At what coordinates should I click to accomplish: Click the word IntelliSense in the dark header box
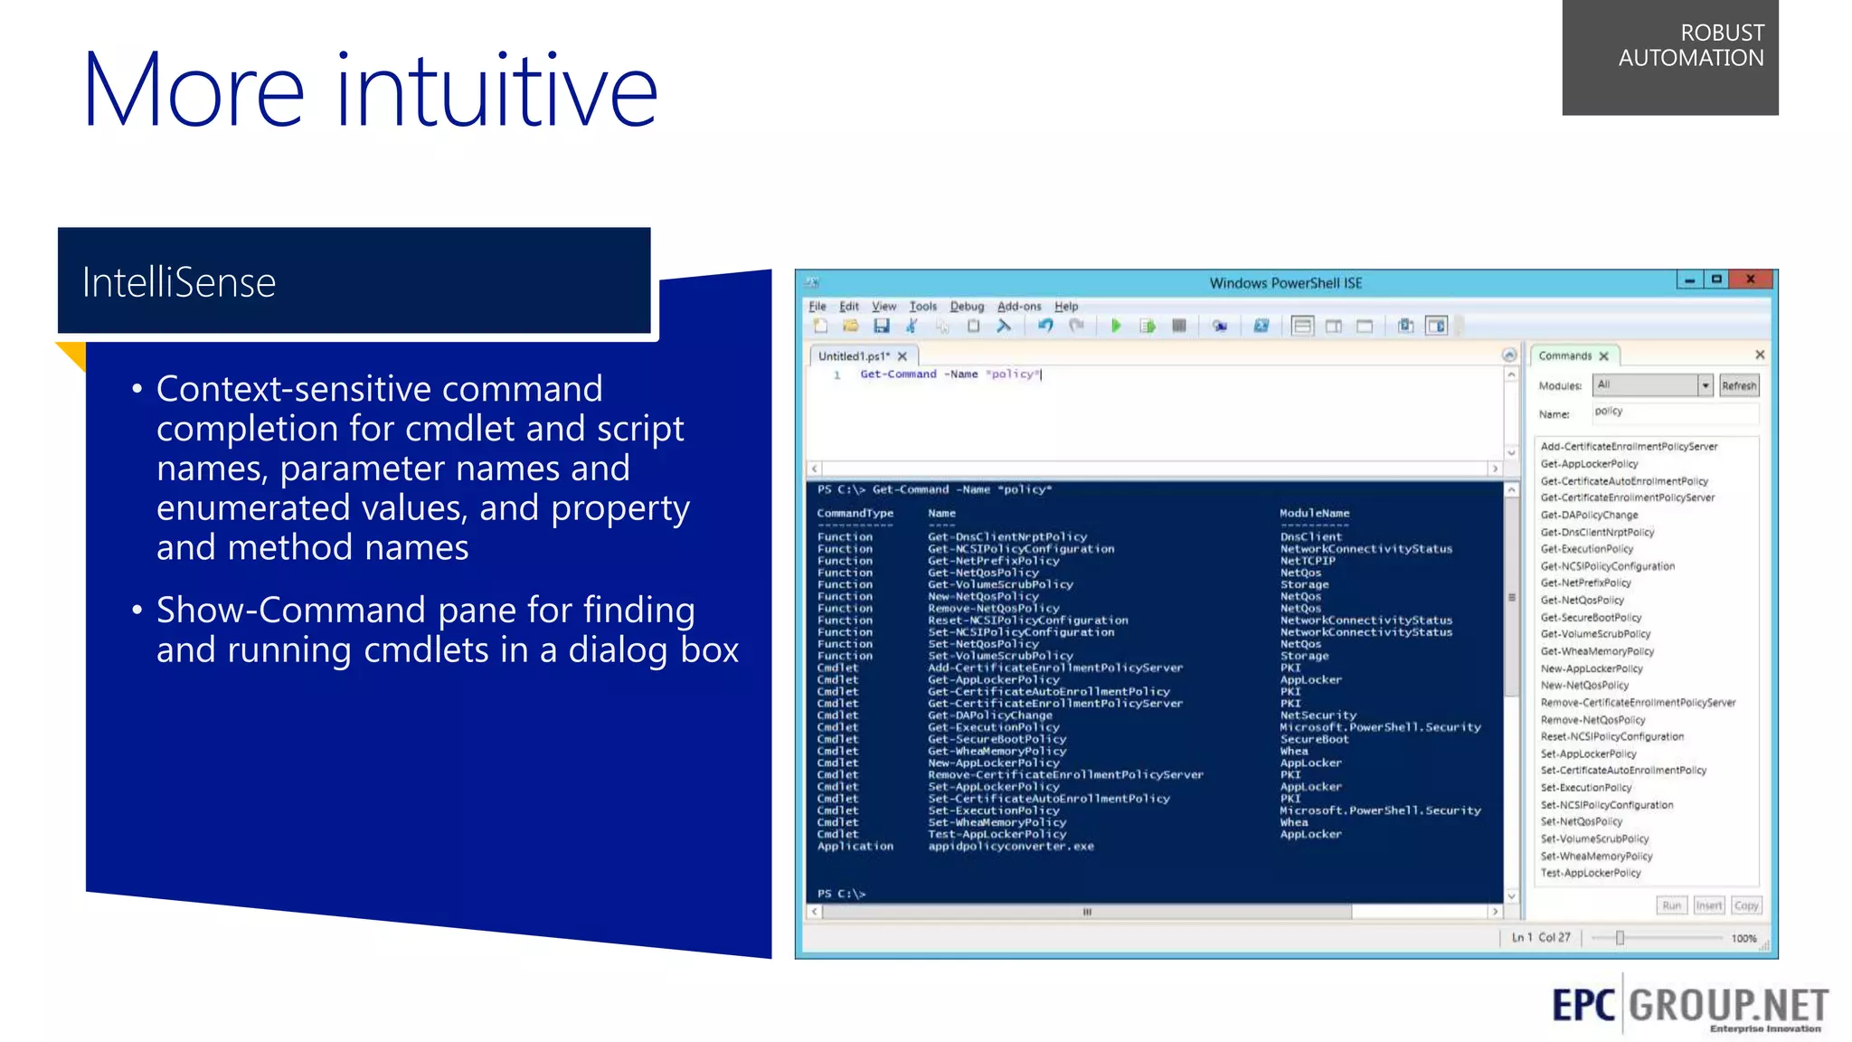(179, 283)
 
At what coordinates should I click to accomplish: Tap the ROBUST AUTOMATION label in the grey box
(1690, 46)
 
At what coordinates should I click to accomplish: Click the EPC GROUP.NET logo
(1689, 1006)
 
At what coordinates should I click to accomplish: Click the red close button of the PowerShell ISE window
(1751, 279)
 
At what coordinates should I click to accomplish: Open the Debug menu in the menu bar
(967, 307)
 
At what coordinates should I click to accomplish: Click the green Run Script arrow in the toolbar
(1116, 326)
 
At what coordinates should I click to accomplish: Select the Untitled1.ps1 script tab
(854, 356)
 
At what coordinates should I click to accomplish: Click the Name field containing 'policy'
(1673, 412)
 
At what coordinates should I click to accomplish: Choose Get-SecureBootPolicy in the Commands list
(1591, 618)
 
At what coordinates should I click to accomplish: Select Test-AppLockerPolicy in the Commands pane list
(1590, 874)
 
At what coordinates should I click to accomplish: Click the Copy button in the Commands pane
(1746, 905)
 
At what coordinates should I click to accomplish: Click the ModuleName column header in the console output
(1314, 514)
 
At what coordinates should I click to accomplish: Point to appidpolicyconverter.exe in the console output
(1010, 847)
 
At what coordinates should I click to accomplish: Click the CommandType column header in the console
(855, 514)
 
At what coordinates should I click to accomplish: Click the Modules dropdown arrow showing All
(1705, 386)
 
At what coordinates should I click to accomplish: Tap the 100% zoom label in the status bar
(1743, 939)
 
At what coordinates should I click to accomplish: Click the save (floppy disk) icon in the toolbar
(882, 326)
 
